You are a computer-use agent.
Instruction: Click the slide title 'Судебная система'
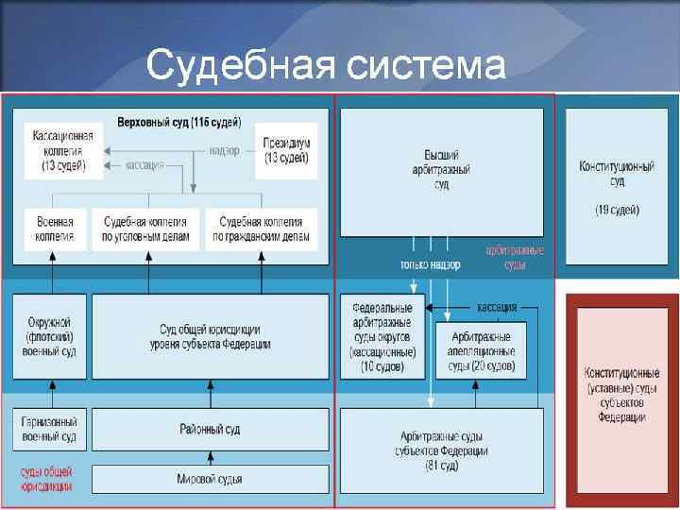[x=326, y=66]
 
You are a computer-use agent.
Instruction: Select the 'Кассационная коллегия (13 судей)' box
[x=58, y=150]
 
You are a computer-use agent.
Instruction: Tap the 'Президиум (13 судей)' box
[x=286, y=150]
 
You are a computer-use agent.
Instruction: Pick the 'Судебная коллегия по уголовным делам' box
[x=150, y=229]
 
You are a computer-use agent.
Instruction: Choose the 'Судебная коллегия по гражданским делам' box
[x=261, y=229]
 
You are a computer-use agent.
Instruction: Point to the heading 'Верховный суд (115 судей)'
[x=178, y=123]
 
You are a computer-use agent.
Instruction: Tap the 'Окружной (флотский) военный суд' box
[x=51, y=337]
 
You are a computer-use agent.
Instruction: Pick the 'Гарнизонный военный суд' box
[x=51, y=430]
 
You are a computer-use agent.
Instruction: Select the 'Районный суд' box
[x=210, y=430]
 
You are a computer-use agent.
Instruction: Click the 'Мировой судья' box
[x=210, y=479]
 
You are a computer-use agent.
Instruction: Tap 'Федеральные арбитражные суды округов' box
[x=382, y=337]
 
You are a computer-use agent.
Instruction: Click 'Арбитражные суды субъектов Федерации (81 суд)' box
[x=441, y=450]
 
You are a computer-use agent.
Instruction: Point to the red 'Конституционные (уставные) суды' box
[x=620, y=391]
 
